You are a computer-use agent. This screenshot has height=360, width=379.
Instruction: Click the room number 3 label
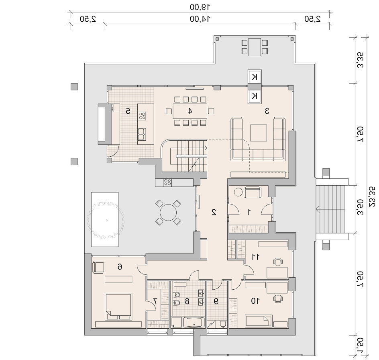267,111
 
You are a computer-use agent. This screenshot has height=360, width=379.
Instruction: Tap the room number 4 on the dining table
190,111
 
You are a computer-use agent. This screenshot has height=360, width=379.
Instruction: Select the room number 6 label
120,267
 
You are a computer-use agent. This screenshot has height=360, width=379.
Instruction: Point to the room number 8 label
187,301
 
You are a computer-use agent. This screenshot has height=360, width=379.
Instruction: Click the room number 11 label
256,257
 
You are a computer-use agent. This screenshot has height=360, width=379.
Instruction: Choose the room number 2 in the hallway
214,212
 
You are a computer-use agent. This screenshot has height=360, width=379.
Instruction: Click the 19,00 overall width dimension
200,7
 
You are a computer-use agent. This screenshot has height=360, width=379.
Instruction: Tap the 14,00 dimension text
200,18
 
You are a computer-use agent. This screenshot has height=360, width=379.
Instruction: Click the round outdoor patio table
168,213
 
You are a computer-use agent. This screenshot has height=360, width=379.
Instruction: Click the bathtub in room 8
194,323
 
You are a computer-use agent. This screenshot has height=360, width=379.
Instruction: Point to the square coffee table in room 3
259,133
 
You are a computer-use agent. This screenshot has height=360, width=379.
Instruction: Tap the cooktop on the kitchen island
142,116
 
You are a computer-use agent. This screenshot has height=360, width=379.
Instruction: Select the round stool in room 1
238,192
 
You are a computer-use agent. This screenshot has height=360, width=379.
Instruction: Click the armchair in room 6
98,267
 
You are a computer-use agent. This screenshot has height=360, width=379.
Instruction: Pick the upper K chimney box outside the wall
255,77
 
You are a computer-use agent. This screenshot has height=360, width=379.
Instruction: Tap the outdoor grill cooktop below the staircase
167,182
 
